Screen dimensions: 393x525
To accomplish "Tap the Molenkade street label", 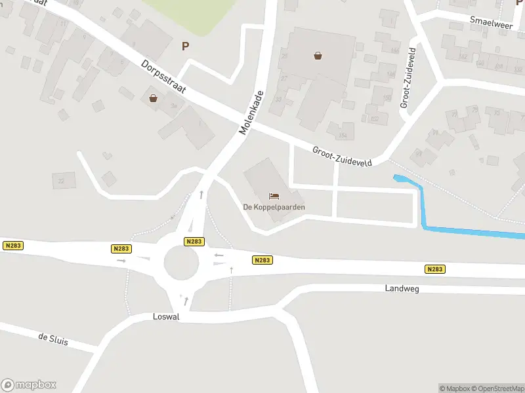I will (252, 113).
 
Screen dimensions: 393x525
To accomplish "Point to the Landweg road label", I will (402, 288).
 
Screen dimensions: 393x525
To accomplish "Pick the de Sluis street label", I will (52, 340).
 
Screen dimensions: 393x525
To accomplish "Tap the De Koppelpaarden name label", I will (274, 207).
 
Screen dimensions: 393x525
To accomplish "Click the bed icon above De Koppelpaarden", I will (274, 196).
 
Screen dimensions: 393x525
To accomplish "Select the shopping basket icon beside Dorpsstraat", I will (154, 98).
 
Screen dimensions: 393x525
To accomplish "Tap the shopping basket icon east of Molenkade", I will (318, 56).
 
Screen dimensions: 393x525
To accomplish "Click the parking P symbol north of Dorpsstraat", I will (185, 46).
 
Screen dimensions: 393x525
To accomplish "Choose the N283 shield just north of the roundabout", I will (194, 241).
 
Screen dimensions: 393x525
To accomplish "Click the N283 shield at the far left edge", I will (12, 246).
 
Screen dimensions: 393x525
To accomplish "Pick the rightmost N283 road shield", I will (434, 269).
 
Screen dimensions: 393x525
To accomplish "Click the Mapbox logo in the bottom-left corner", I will (29, 385).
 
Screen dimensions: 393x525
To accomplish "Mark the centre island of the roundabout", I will (181, 263).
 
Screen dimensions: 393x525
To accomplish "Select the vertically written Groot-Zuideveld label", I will (408, 77).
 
